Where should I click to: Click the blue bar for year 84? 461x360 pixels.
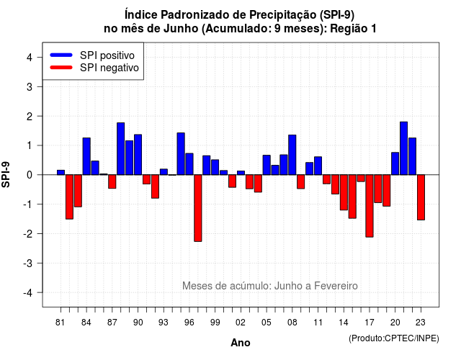coord(86,156)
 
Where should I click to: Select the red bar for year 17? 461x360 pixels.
coord(370,206)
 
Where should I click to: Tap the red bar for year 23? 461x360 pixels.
coord(421,197)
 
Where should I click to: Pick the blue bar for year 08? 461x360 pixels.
coord(292,155)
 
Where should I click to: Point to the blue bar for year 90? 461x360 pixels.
coord(138,155)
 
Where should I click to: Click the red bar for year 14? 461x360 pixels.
coord(344,192)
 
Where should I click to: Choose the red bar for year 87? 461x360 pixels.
coord(112,181)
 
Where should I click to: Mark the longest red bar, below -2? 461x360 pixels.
coord(198,208)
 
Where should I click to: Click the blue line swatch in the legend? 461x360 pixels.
coord(61,55)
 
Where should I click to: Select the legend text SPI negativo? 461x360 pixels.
coord(109,68)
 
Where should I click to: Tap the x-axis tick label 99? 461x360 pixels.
coord(215,323)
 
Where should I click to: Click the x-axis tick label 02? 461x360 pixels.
coord(241,323)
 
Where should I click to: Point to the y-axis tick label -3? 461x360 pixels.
coord(29,263)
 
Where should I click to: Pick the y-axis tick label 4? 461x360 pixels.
coord(30,57)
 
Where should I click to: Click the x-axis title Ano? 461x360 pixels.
coord(241,343)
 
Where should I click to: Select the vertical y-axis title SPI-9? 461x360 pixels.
coord(6,174)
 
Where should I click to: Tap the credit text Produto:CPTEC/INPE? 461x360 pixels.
coord(394,338)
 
